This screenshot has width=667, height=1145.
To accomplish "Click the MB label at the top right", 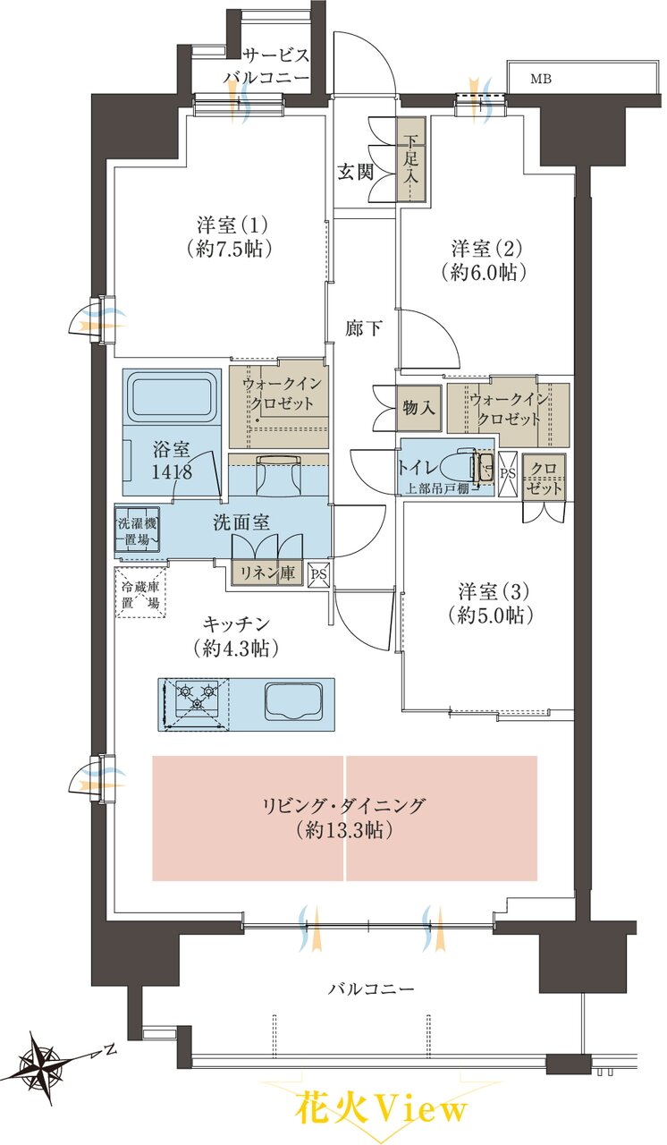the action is (541, 79).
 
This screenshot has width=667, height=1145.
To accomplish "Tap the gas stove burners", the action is (196, 697).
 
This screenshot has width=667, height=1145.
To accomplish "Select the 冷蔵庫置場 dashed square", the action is (141, 594).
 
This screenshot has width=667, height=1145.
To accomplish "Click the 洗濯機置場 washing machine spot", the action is (138, 530).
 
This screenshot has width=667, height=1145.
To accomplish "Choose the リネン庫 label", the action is (267, 573).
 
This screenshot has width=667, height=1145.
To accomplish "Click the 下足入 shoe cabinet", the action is (411, 159).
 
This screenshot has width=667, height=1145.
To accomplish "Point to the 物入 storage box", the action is (418, 409).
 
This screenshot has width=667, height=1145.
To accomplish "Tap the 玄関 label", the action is (356, 173).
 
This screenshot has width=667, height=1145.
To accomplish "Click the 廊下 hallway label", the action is (363, 328).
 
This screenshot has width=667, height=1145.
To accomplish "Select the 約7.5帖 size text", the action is (228, 249).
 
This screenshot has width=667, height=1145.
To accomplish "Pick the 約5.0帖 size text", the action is (490, 615).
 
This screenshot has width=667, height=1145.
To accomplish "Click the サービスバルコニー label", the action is (267, 66).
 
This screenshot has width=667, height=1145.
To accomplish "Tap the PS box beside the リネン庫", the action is (319, 573).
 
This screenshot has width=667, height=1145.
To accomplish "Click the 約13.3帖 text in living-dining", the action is (345, 832).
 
